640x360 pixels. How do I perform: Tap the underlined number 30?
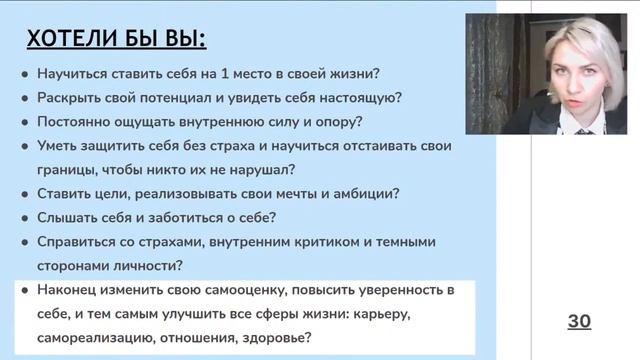tap(579, 321)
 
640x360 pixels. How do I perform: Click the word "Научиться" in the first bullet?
tap(71, 74)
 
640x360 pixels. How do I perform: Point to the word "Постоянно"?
tap(73, 122)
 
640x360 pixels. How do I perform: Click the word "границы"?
tap(66, 169)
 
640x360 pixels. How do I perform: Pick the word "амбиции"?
tap(362, 193)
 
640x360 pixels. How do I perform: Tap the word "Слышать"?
tap(66, 217)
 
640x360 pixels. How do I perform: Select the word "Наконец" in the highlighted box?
tap(68, 290)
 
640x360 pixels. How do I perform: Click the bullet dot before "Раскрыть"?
tap(24, 99)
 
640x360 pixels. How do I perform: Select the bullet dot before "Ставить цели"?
tap(24, 194)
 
